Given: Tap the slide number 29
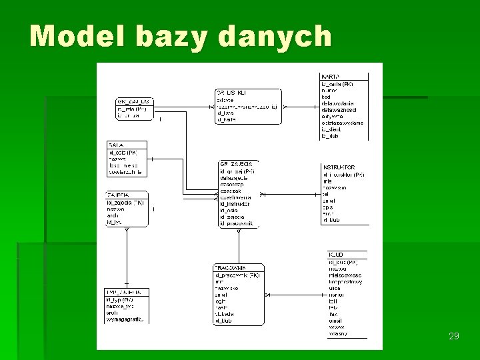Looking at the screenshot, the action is (x=454, y=336).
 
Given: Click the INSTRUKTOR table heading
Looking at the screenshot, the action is (x=339, y=167).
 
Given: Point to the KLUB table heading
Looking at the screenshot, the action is (x=336, y=255).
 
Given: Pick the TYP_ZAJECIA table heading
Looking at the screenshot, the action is (x=123, y=291).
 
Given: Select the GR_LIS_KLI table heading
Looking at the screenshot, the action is (x=231, y=92).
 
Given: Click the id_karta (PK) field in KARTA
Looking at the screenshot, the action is (x=338, y=84).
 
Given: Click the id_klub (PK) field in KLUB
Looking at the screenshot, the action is (x=343, y=262).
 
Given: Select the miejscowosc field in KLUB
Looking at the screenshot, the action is (x=345, y=275).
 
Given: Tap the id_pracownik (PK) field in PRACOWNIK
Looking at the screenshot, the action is (x=237, y=274).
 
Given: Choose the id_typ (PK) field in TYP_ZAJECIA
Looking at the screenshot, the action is (x=120, y=299).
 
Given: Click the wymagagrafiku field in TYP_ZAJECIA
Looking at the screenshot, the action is (x=125, y=319).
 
